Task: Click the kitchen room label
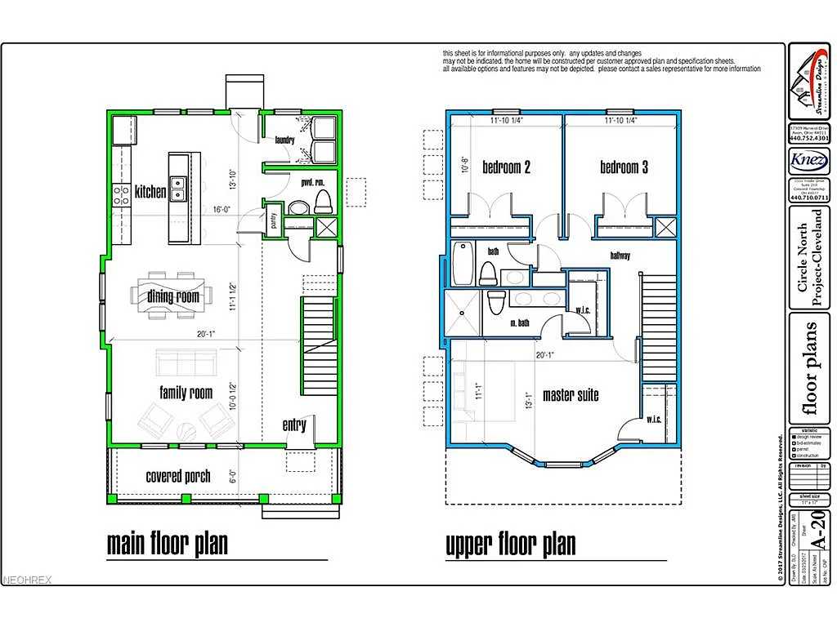point(151,193)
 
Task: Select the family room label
point(186,393)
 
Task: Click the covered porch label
point(178,476)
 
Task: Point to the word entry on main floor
point(294,425)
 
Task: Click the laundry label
point(284,140)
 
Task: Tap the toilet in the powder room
point(322,201)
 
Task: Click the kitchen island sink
point(177,184)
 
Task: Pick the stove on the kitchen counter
point(121,194)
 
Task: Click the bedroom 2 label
point(506,167)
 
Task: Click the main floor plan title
point(167,544)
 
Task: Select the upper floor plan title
point(510,544)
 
